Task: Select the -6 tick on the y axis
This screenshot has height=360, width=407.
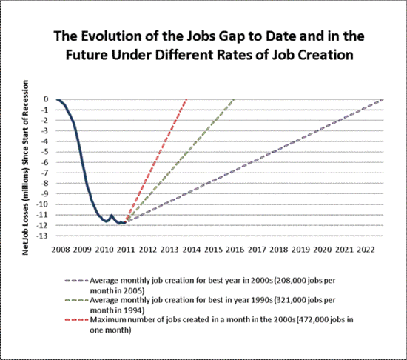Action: click(x=44, y=162)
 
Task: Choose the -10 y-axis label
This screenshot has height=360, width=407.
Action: click(x=43, y=204)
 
